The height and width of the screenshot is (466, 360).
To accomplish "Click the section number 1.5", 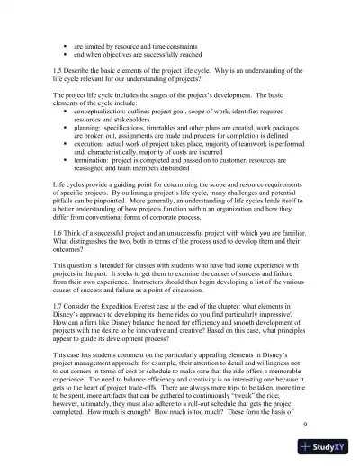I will click(x=58, y=69).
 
